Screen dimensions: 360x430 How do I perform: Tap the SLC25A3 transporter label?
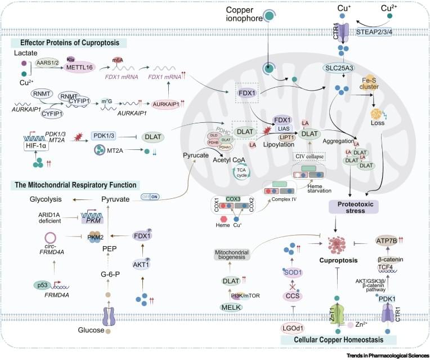[337, 68]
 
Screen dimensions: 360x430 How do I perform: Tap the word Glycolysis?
[50, 200]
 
